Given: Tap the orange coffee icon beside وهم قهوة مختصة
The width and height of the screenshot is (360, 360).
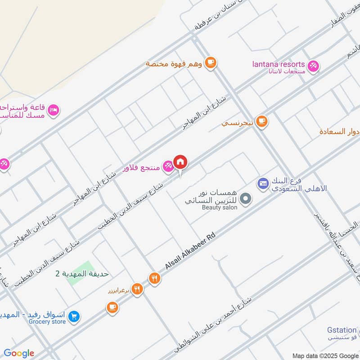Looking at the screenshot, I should click(x=210, y=63).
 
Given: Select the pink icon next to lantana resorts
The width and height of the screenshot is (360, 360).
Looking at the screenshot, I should click(x=314, y=65).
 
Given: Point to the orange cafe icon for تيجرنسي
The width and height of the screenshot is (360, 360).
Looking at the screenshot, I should click(x=261, y=121).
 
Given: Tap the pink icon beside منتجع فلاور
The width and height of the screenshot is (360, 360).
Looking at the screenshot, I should click(x=167, y=166).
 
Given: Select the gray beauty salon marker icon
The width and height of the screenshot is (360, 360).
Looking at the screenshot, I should click(x=245, y=198).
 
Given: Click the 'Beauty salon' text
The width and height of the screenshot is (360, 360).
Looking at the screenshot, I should click(x=219, y=207).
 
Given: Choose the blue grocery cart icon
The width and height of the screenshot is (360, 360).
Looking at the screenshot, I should click(x=75, y=318).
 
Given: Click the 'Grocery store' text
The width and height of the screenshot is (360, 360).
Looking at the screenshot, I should click(x=47, y=322).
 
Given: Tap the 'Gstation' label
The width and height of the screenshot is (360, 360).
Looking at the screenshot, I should click(x=342, y=330).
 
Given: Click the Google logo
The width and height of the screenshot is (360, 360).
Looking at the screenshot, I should click(x=19, y=353).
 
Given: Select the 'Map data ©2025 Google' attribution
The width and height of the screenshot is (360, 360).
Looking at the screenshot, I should click(x=325, y=355).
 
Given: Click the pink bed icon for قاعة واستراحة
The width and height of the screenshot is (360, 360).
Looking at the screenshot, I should click(x=54, y=110).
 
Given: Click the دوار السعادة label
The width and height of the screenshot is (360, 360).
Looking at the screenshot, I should click(x=339, y=132).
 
